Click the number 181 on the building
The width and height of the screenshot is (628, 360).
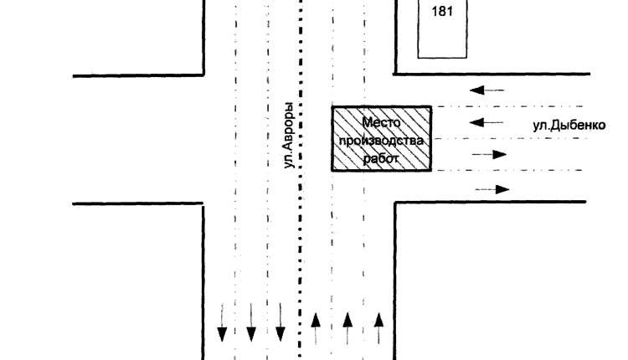coord(442,11)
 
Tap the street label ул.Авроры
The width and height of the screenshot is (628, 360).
coord(289,136)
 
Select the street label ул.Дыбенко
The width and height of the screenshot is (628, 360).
coord(569,126)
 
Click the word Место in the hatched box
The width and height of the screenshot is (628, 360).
coord(381,122)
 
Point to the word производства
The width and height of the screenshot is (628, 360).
coord(381,141)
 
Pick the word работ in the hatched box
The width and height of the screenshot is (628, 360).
coord(381,158)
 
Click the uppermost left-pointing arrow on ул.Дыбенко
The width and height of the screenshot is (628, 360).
coord(487,90)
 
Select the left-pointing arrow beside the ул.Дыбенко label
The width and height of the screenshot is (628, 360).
coord(486,122)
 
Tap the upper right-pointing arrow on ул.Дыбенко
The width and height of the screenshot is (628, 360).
coord(490,154)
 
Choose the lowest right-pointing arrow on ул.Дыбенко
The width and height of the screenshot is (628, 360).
coord(492,189)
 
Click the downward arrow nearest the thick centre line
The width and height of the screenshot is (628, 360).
coord(281,322)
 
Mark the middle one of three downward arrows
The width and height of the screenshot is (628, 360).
coord(251,322)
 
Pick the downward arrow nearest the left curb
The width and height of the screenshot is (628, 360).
coord(222,322)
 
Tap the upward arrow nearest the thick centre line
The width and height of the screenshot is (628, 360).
coord(316,328)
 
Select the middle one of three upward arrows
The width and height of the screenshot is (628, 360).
coord(347,328)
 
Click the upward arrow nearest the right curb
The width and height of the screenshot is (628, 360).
coord(378,328)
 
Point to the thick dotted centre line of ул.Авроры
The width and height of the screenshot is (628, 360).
coord(301,180)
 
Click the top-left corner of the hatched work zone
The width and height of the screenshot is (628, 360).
coord(332,106)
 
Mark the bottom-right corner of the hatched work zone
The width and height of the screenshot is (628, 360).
coord(431,171)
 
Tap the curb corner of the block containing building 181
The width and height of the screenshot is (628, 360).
coord(396,74)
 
